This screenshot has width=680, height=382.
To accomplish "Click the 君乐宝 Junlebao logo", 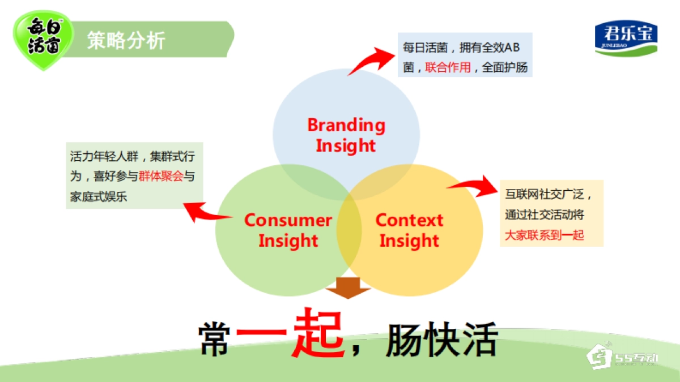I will tap(626, 38).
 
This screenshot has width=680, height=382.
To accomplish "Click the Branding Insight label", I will tap(346, 135).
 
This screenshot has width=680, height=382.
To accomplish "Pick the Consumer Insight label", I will tap(288, 230).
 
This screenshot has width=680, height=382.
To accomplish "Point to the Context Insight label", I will tap(409, 230).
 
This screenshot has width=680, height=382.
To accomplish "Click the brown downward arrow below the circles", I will tap(348, 287).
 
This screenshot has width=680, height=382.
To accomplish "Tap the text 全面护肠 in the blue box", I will tap(505, 68).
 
